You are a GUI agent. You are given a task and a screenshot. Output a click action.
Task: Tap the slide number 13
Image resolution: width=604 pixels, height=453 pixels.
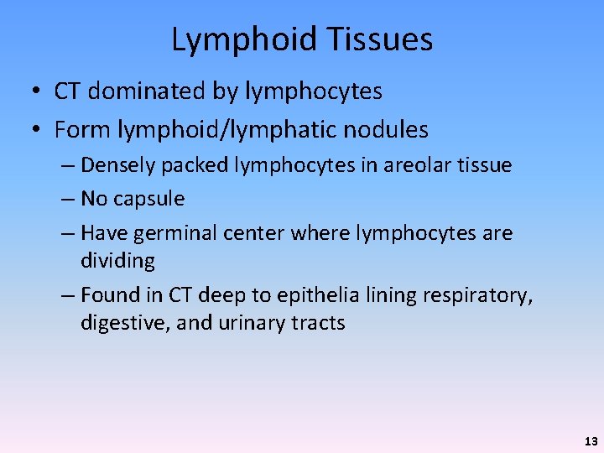[x=591, y=440]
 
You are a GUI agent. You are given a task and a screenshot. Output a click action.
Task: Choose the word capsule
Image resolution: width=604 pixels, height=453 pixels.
[x=146, y=199]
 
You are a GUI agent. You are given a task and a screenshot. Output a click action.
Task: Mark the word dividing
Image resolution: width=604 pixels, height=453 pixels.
[x=117, y=261]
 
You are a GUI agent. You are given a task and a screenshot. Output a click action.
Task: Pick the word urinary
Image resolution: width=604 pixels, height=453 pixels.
[x=255, y=323]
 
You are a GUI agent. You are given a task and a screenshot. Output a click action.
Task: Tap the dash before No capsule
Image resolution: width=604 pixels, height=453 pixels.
[x=66, y=199]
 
